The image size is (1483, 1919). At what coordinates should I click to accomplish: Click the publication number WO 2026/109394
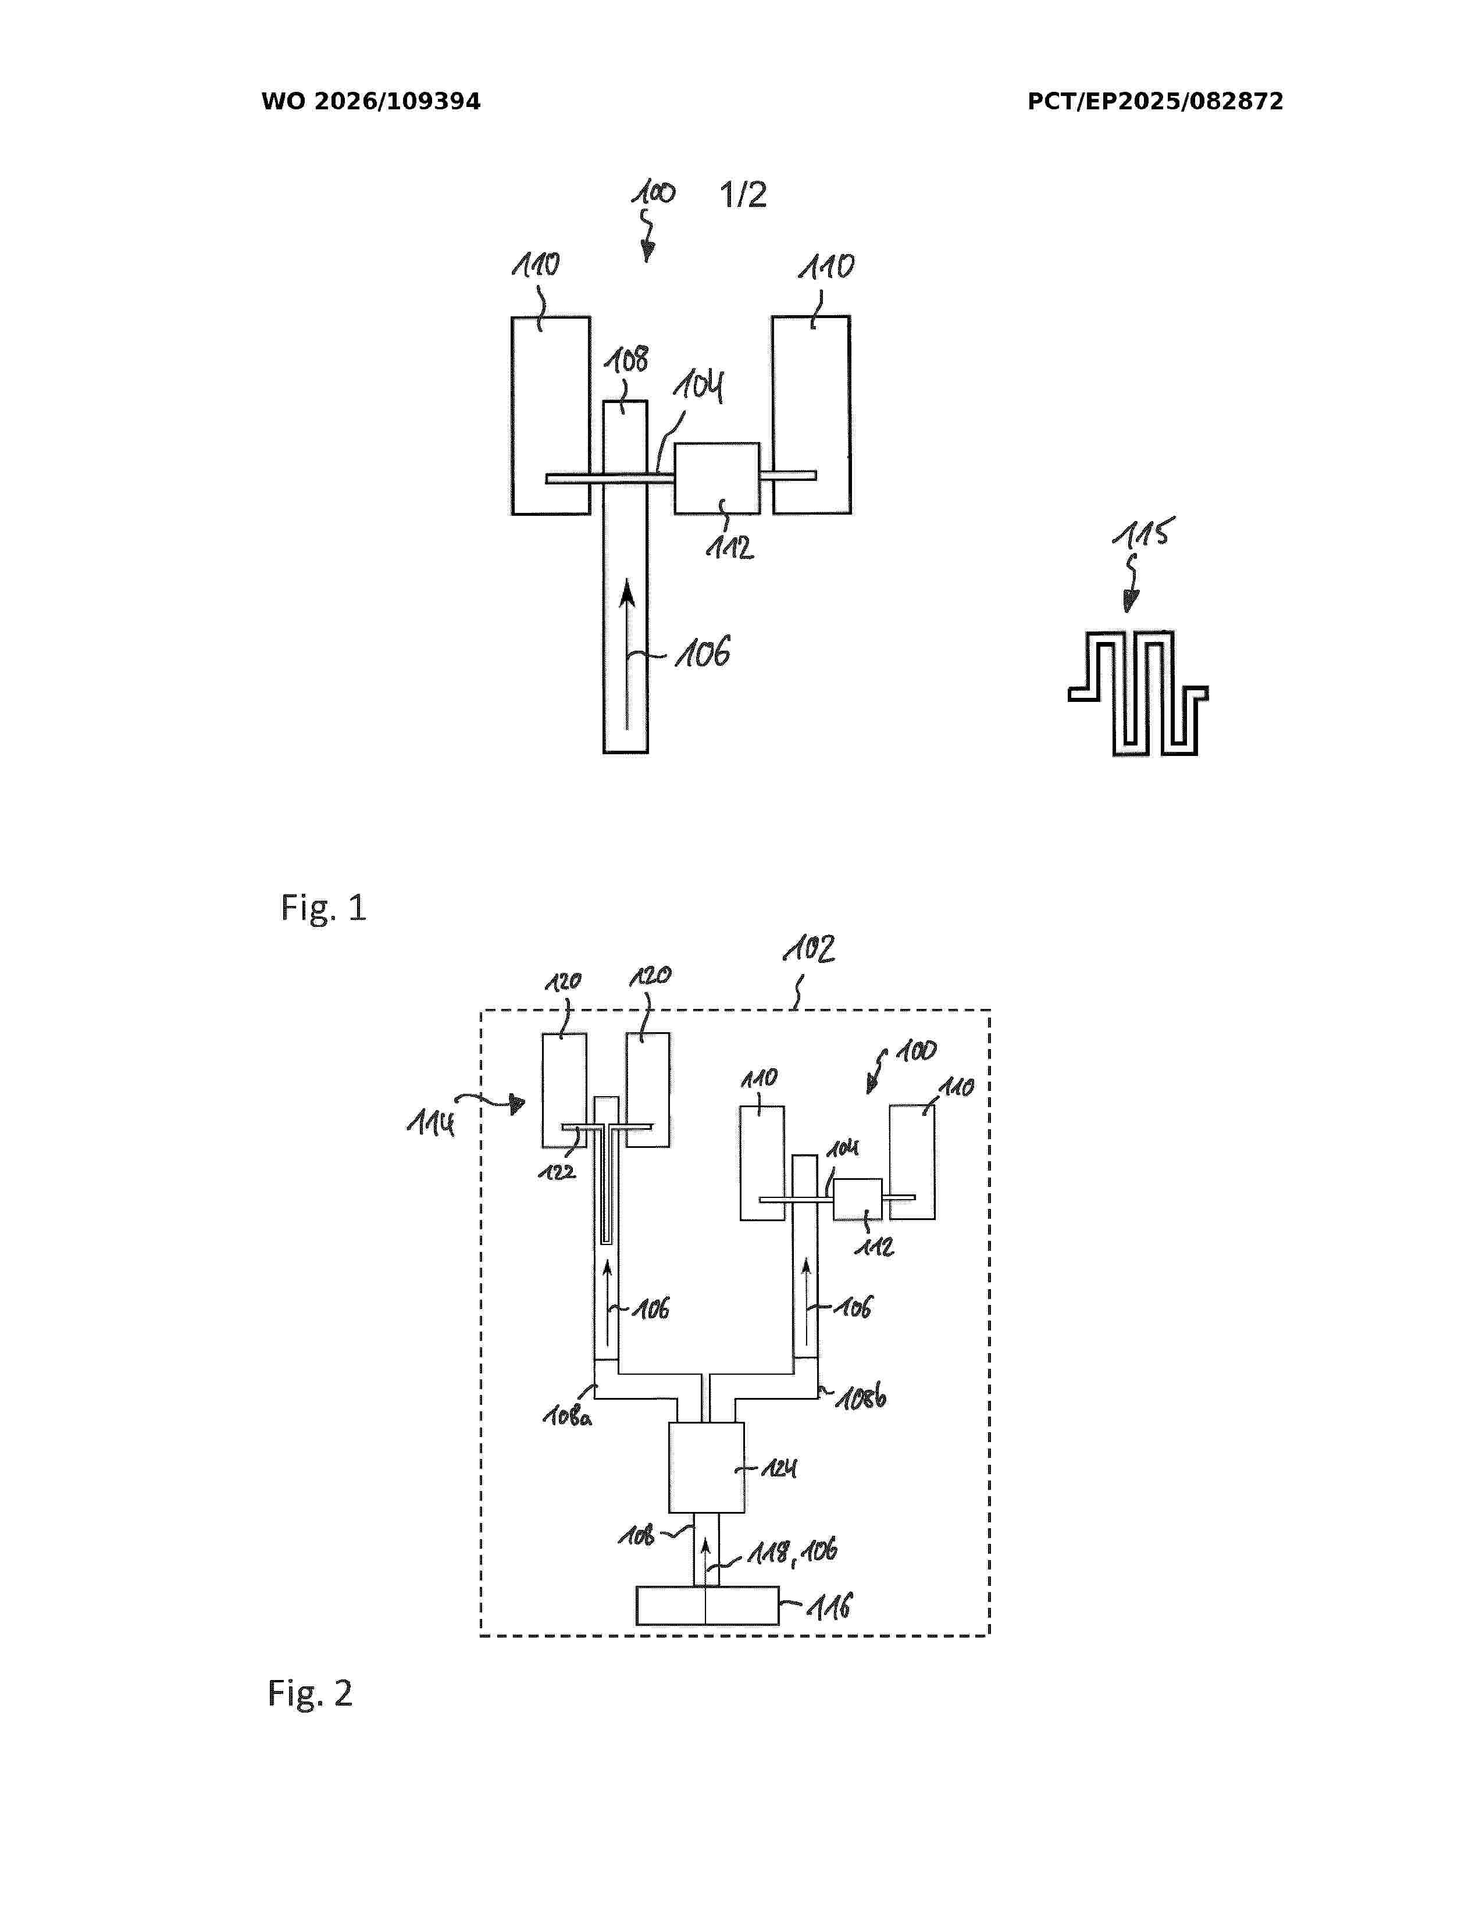pos(371,102)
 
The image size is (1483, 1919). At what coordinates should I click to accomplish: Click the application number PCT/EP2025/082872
pos(1156,102)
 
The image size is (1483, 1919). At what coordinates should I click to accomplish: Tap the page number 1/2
pos(743,194)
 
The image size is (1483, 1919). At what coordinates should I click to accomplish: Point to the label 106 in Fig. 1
pos(703,653)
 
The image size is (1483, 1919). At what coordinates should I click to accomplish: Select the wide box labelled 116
pos(707,1606)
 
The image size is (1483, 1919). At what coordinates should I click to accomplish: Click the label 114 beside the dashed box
pos(432,1122)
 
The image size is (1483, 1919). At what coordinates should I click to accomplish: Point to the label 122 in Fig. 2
pos(557,1171)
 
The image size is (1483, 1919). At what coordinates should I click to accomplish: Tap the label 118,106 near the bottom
pos(793,1551)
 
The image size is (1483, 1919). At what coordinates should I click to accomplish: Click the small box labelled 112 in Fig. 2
pos(857,1199)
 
